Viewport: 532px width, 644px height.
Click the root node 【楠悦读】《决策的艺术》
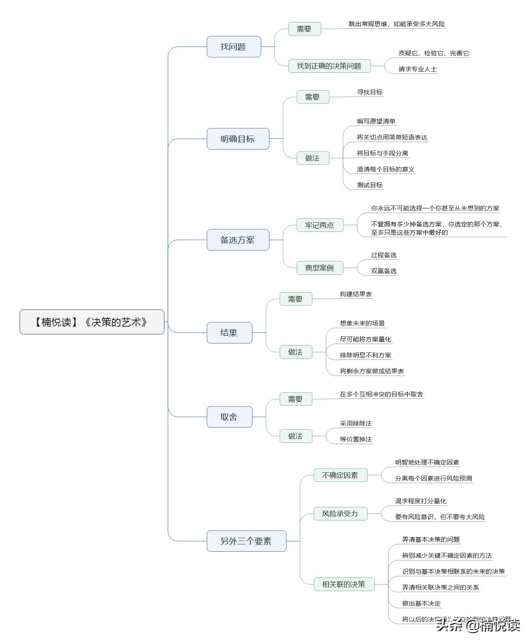[x=92, y=322]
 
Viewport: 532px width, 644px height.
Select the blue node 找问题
[x=233, y=47]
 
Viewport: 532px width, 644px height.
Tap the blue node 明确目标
[x=238, y=139]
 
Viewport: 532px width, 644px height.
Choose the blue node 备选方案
[x=238, y=240]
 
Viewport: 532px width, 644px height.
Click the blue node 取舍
[x=229, y=417]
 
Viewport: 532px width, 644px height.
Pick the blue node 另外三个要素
[x=246, y=541]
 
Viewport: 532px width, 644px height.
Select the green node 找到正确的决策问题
[x=329, y=66]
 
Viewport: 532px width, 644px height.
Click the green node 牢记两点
[x=319, y=225]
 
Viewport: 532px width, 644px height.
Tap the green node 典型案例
[x=319, y=268]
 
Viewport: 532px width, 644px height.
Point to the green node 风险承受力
[x=340, y=514]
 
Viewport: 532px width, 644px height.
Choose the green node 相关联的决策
[x=344, y=584]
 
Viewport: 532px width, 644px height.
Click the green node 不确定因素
[x=340, y=475]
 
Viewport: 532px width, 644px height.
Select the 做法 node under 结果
[x=295, y=352]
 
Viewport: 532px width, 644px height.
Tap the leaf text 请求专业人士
[x=417, y=69]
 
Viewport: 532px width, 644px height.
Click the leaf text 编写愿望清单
[x=376, y=121]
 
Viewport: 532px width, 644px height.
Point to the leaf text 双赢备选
[x=384, y=271]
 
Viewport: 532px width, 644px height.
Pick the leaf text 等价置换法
[x=356, y=439]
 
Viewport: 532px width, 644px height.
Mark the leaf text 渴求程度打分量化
[x=421, y=501]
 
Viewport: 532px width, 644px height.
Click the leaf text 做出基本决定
[x=421, y=603]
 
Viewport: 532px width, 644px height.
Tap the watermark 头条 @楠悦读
[x=478, y=625]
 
